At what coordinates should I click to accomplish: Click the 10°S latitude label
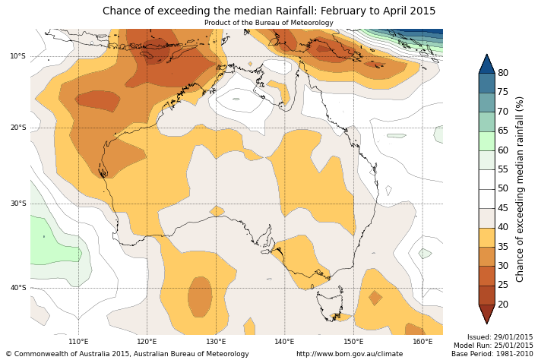[x=17, y=56]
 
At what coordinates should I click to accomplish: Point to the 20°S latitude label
[x=17, y=128]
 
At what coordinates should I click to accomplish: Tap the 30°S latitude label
[x=17, y=204]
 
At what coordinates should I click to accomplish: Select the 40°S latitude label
[x=17, y=288]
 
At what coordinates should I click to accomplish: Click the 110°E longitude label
[x=78, y=342]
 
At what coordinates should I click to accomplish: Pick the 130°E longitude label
[x=216, y=342]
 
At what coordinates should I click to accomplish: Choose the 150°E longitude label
[x=353, y=342]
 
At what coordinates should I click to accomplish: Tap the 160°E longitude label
[x=422, y=342]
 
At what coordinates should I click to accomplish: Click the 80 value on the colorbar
[x=503, y=73]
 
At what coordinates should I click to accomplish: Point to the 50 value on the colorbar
[x=503, y=188]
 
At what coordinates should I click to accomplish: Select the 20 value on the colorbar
[x=503, y=305]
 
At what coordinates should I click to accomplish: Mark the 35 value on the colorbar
[x=503, y=247]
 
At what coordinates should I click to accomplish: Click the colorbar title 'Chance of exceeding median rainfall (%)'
[x=521, y=189]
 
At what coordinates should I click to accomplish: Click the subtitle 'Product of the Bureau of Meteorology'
[x=269, y=23]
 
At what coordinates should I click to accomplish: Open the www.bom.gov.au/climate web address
[x=350, y=354]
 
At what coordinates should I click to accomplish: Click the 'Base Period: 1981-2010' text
[x=492, y=354]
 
